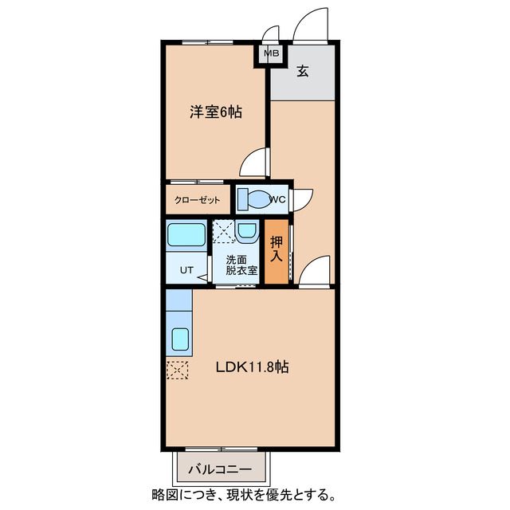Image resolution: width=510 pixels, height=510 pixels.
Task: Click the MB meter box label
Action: pyautogui.click(x=272, y=54)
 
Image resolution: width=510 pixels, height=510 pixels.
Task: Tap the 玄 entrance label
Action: pyautogui.click(x=303, y=71)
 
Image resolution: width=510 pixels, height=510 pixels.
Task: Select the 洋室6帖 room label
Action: pyautogui.click(x=215, y=112)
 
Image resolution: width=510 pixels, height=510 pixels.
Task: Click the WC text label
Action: pyautogui.click(x=277, y=199)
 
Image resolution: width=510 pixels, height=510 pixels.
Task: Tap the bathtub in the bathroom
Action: pyautogui.click(x=186, y=235)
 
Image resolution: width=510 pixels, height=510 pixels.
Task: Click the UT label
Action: pyautogui.click(x=185, y=269)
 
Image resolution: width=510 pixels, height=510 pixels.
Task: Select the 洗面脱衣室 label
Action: pyautogui.click(x=241, y=265)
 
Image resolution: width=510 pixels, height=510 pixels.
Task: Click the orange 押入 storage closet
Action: pyautogui.click(x=276, y=252)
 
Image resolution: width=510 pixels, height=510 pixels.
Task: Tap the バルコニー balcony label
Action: pyautogui.click(x=220, y=469)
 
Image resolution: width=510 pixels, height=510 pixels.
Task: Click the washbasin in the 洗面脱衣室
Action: pyautogui.click(x=247, y=232)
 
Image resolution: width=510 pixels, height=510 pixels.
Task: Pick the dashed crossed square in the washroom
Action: pyautogui.click(x=224, y=232)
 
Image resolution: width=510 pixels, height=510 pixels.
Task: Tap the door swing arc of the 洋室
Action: pyautogui.click(x=253, y=163)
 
